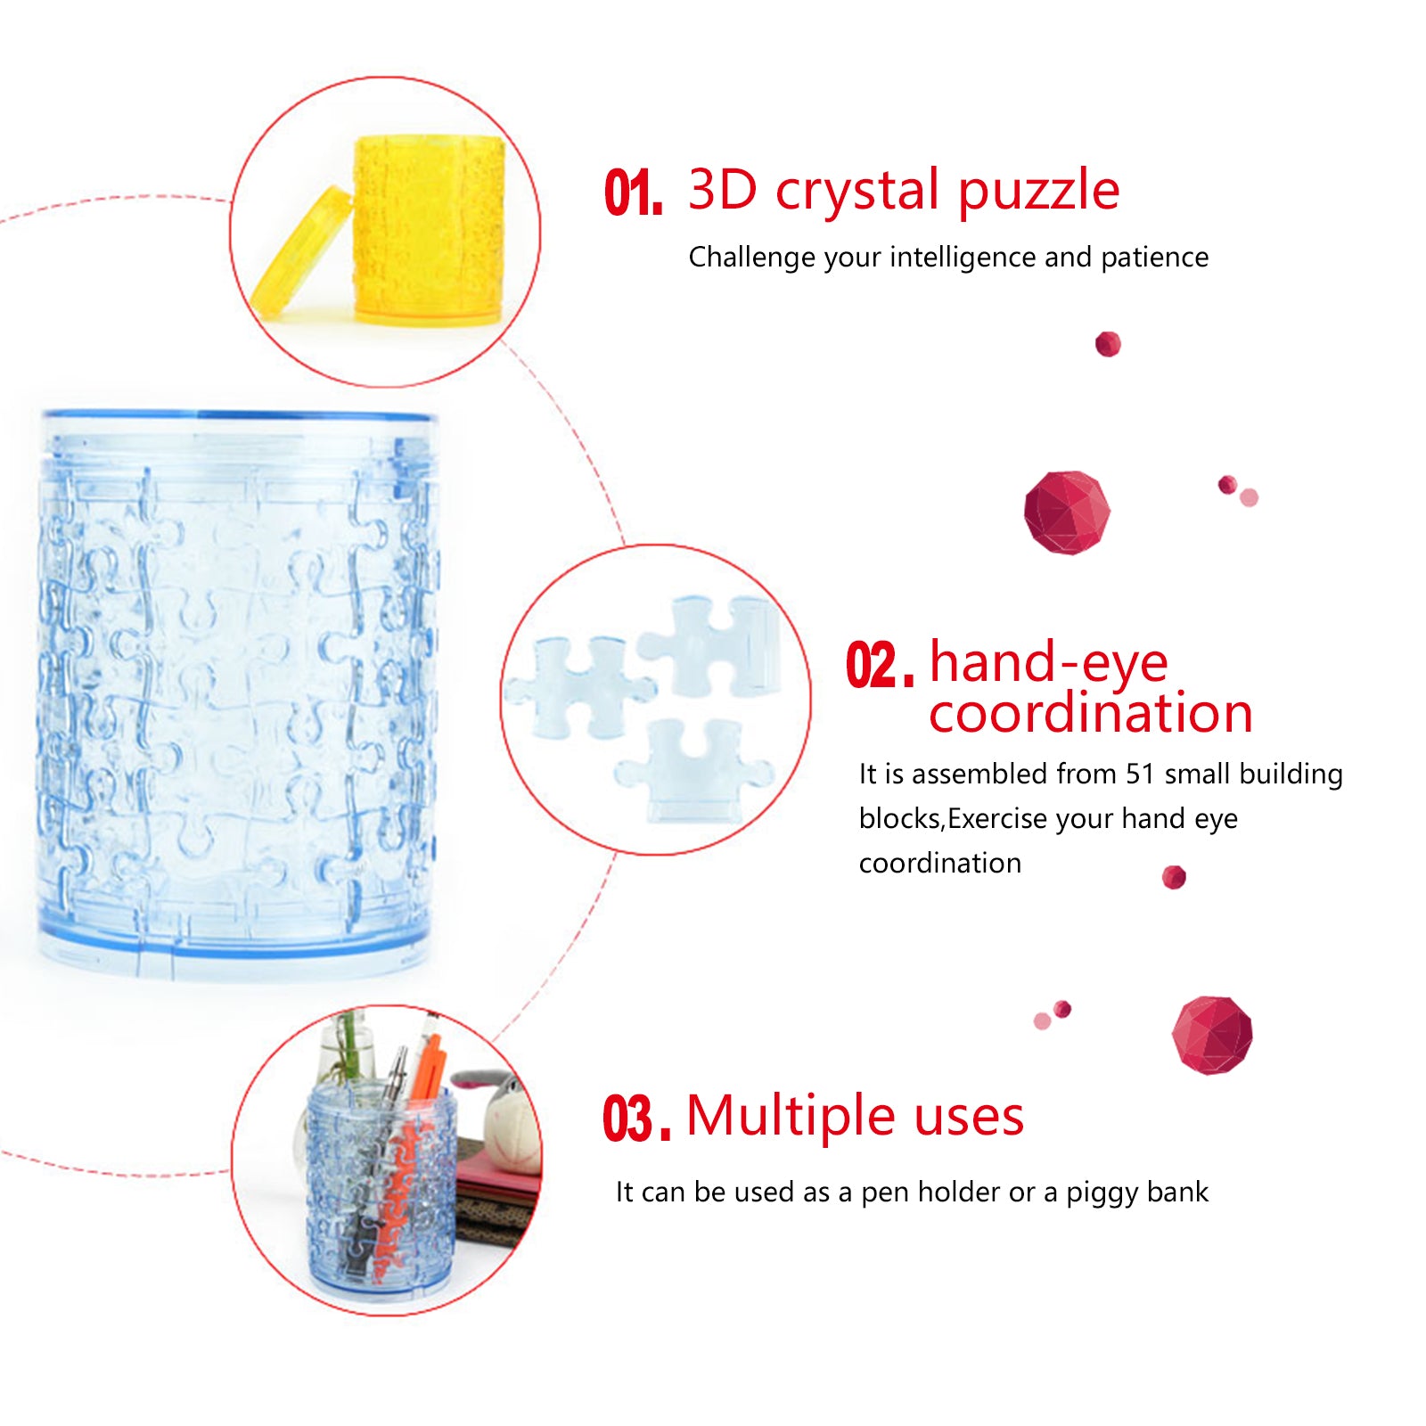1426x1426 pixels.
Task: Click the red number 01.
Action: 634,193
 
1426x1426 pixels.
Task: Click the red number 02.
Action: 880,665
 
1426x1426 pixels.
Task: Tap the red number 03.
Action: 636,1118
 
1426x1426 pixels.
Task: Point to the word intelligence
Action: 963,258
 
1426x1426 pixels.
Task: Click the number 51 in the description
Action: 1140,774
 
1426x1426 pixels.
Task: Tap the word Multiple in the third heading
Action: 791,1117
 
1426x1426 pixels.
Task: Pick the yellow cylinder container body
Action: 429,229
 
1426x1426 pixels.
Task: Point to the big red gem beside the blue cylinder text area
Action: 1067,512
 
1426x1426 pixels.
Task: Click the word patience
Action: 1155,258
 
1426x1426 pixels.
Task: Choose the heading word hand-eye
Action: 1048,664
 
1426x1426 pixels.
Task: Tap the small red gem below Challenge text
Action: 1108,344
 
